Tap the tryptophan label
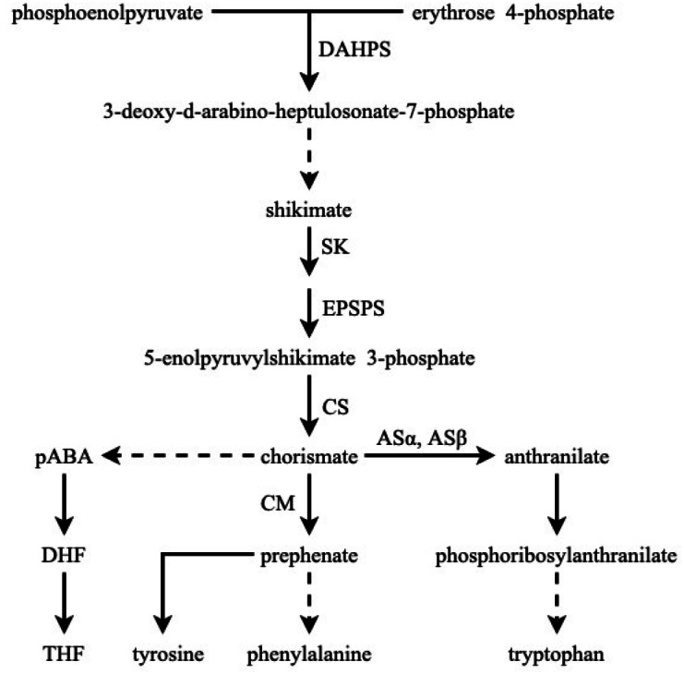[556, 655]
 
